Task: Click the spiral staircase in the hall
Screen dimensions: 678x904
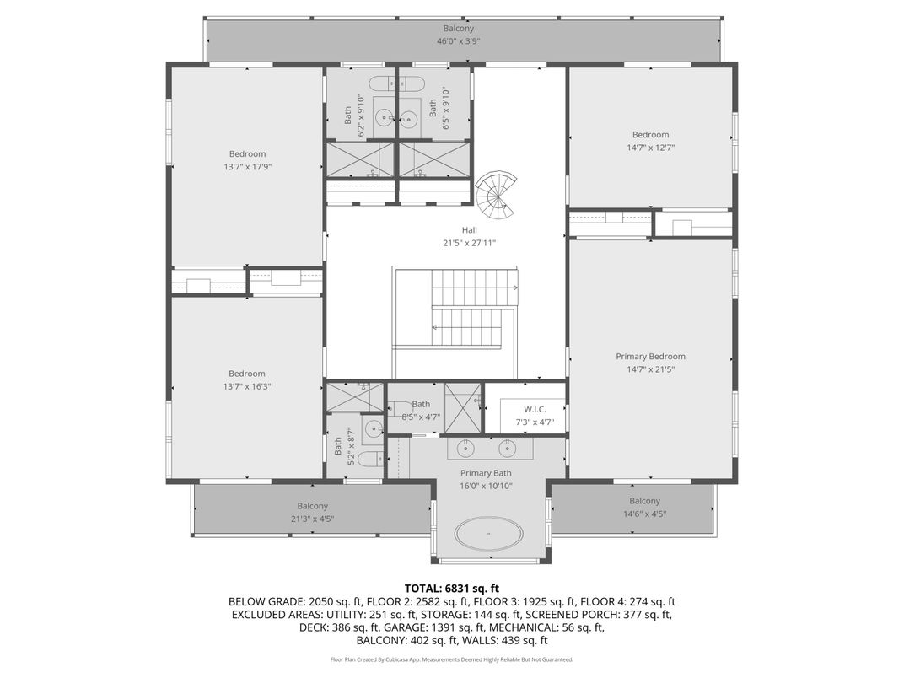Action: tap(497, 196)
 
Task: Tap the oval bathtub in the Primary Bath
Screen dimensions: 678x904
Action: tap(487, 534)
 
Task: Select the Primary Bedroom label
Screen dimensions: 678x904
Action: tap(650, 357)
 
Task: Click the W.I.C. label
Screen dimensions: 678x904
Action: tap(535, 408)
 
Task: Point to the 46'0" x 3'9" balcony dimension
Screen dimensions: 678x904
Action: tap(458, 41)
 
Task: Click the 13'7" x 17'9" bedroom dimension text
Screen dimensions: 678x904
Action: tap(247, 167)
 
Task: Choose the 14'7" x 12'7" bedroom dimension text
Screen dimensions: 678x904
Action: tap(650, 148)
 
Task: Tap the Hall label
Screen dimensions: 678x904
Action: tap(469, 230)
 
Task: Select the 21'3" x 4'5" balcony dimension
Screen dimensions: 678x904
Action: tap(313, 519)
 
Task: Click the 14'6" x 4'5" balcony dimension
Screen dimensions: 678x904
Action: tap(644, 514)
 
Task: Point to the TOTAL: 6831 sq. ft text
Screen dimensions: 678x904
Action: tap(451, 588)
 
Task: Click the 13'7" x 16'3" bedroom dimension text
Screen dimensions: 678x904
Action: tap(247, 386)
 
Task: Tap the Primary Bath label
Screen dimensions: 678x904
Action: tap(486, 473)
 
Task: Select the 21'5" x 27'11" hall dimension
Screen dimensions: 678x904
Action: tap(469, 243)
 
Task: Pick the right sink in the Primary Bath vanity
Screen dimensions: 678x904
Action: tap(508, 446)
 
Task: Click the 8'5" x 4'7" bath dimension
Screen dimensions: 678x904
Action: tap(421, 417)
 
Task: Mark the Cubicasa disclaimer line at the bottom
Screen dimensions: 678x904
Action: tap(451, 659)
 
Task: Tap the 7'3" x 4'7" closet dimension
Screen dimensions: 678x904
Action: tap(535, 421)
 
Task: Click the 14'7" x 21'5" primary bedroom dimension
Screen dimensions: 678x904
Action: tap(650, 369)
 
